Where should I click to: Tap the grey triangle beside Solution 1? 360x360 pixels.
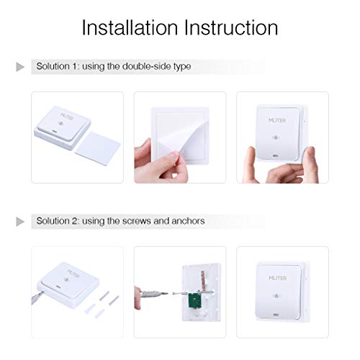(20, 67)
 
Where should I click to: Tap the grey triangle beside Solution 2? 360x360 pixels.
(20, 220)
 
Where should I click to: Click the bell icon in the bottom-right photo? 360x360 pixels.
(277, 294)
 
